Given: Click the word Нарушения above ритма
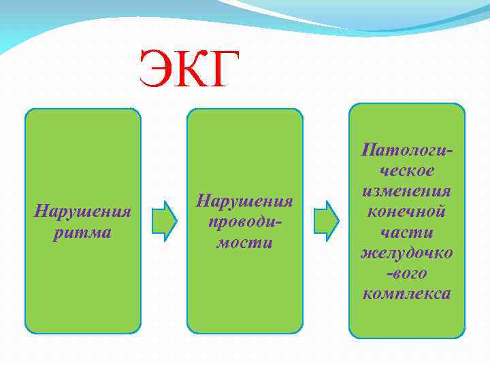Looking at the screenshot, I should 82,211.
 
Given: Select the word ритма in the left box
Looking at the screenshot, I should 82,232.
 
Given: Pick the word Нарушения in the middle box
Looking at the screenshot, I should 244,200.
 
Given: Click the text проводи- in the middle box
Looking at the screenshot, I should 244,222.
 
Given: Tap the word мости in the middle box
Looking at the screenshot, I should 244,243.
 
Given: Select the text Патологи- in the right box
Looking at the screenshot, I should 407,147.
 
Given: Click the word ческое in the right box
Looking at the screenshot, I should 407,169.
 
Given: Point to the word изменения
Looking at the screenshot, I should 407,190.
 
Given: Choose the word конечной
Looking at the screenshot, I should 407,211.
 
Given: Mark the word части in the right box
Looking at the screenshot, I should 407,232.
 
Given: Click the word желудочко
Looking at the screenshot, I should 407,253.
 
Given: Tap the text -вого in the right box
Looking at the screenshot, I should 407,273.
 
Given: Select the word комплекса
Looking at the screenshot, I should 407,294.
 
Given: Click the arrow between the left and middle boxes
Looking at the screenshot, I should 164,221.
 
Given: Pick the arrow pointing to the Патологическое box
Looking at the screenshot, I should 326,221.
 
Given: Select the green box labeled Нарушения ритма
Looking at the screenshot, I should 82,285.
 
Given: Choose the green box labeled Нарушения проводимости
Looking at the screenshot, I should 244,292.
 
